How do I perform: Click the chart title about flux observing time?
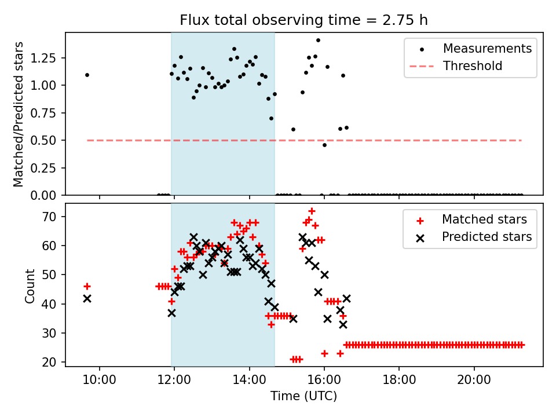click(x=303, y=20)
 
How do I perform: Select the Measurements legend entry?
click(x=487, y=49)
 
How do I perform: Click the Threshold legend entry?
click(x=472, y=66)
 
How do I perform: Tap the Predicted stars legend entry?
click(x=487, y=237)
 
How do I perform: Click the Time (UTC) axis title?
click(x=303, y=396)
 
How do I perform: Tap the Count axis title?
click(x=30, y=285)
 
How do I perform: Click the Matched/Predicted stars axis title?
click(x=19, y=114)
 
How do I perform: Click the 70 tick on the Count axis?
click(x=54, y=217)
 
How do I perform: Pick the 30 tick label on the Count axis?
click(x=54, y=333)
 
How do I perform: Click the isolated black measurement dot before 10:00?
click(x=87, y=75)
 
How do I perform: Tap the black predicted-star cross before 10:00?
click(x=87, y=298)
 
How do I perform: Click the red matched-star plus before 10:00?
click(x=87, y=286)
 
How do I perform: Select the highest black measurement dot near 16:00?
click(x=318, y=40)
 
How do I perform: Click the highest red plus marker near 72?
click(x=312, y=211)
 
